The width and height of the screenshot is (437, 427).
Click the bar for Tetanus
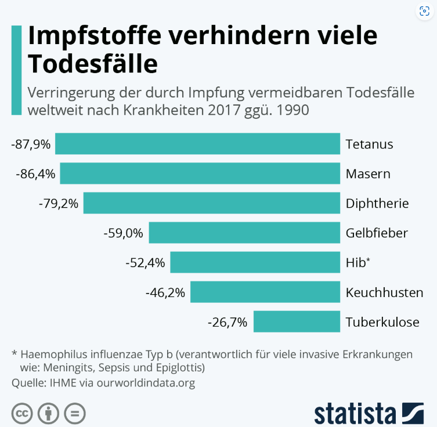(x=197, y=144)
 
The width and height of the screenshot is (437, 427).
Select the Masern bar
(x=200, y=173)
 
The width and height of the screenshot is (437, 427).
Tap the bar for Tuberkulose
(x=297, y=321)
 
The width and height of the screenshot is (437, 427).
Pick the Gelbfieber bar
(x=244, y=233)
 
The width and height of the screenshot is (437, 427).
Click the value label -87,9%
(x=30, y=144)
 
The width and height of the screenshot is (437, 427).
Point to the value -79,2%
(x=58, y=203)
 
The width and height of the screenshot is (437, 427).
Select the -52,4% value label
(x=145, y=262)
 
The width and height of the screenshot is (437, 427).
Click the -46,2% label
(x=165, y=292)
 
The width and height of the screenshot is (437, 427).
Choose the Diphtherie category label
(x=377, y=203)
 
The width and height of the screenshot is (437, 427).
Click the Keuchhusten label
(x=384, y=292)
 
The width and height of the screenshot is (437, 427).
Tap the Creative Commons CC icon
(x=21, y=414)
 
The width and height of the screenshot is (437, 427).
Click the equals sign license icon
(x=74, y=414)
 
